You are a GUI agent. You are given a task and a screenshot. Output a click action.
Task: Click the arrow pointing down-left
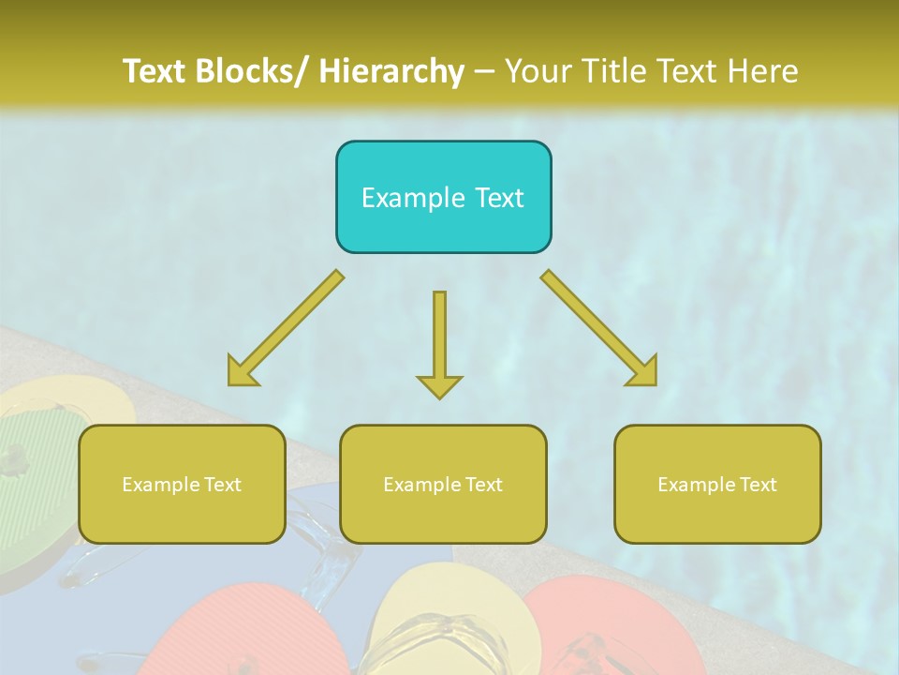tap(285, 329)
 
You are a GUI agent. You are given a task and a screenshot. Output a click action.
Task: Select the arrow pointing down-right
tap(599, 329)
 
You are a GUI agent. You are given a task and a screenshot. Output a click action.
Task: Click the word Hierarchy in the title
tap(391, 71)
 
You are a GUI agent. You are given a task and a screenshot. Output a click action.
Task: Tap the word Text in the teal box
tap(498, 198)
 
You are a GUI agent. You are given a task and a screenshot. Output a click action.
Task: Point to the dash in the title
tap(484, 71)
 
